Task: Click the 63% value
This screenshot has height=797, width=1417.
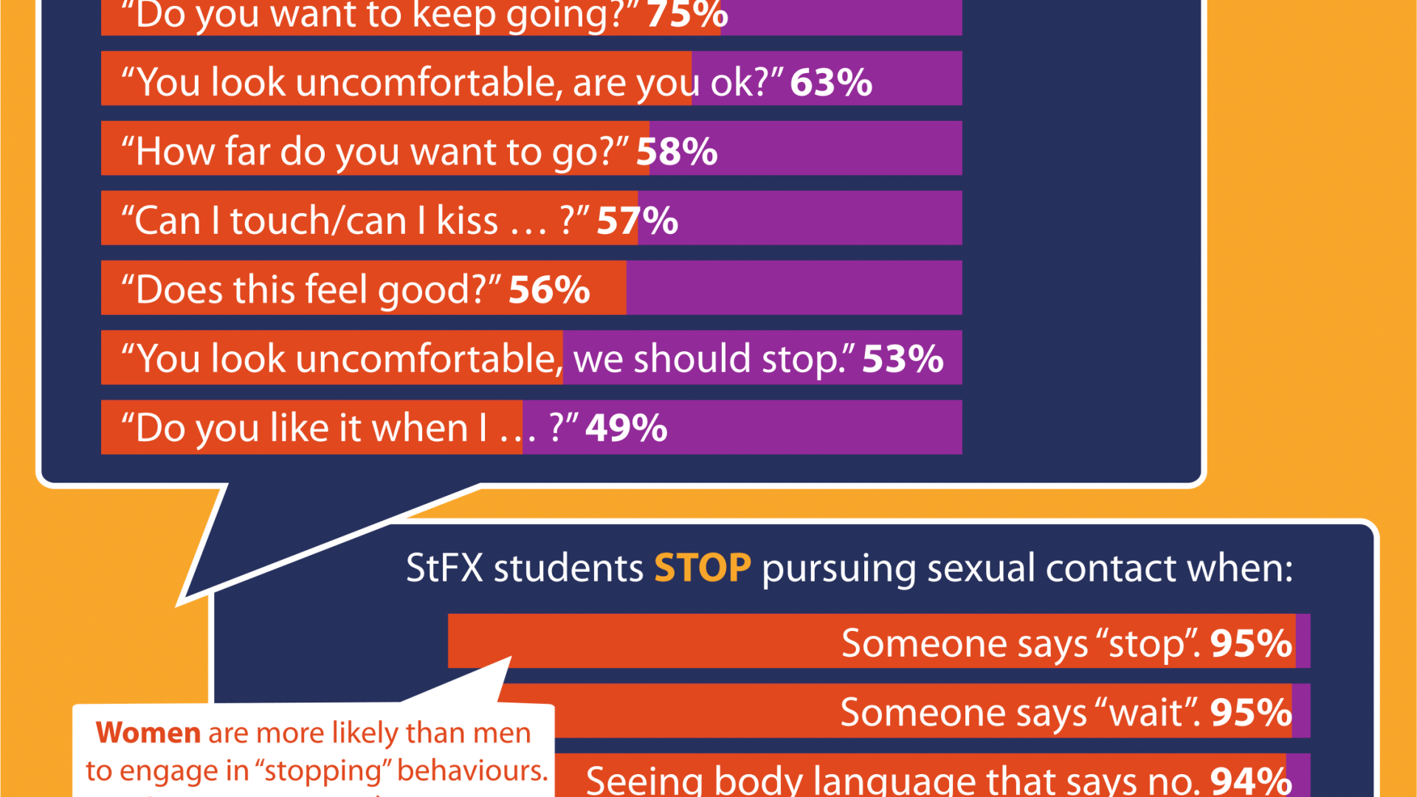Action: tap(831, 82)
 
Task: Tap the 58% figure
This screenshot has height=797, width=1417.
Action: tap(677, 151)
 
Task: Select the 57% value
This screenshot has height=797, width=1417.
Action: tap(637, 221)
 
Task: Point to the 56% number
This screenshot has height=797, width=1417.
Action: tap(549, 289)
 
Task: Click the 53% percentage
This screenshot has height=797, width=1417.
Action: tap(903, 359)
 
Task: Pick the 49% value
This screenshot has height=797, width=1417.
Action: tap(627, 428)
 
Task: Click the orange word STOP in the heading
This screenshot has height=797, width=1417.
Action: tap(702, 568)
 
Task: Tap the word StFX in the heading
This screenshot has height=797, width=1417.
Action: tap(444, 568)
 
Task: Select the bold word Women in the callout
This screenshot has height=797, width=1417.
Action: tap(148, 733)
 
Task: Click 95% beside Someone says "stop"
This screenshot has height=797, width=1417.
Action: tap(1251, 644)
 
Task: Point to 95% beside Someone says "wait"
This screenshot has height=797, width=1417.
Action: tap(1251, 713)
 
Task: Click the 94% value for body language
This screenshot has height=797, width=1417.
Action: tap(1251, 781)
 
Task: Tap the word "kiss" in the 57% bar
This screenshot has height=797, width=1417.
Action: tap(467, 221)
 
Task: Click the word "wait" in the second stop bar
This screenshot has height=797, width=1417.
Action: tap(1146, 713)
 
